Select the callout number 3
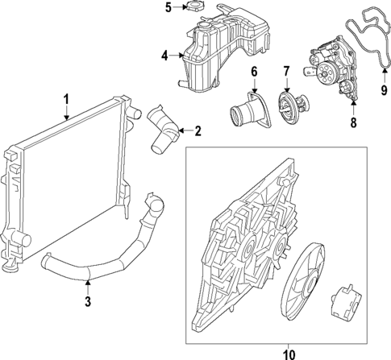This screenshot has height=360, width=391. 87,303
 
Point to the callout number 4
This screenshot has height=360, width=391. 164,56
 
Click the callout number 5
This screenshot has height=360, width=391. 168,8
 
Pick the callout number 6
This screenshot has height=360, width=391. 254,72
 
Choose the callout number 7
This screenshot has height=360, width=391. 285,72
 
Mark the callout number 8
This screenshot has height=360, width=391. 353,123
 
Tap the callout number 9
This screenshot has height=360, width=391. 384,90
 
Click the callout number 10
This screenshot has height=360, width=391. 289,352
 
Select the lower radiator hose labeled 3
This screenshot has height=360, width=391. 113,258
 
